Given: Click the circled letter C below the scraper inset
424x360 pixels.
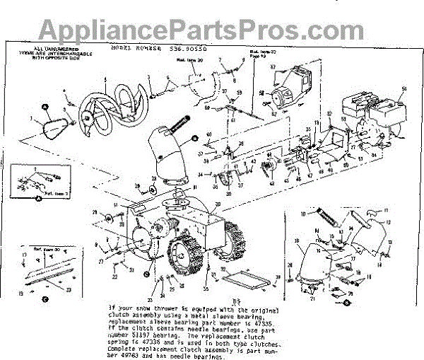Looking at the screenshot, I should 44,298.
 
